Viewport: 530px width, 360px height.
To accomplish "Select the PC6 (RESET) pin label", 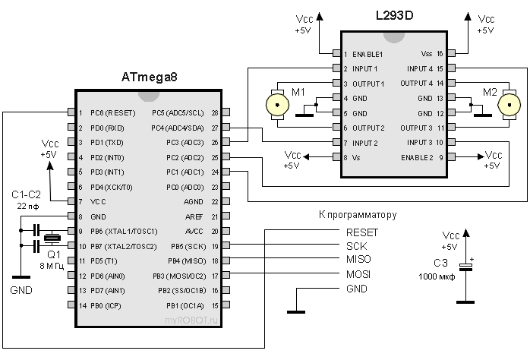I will pos(112,112).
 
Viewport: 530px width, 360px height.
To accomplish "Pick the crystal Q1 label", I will pos(53,254).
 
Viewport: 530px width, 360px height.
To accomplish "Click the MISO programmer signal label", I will pos(359,261).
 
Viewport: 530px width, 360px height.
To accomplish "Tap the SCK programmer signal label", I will pos(356,246).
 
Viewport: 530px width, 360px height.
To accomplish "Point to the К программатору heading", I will pos(358,216).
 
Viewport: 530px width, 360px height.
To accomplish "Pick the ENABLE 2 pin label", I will pos(415,157).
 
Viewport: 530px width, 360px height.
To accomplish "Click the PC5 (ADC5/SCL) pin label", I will pos(178,112).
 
